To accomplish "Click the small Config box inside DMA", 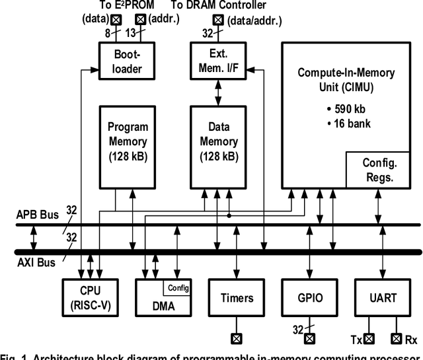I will [x=178, y=287].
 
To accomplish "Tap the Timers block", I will [x=236, y=297].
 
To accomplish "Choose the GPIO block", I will [x=307, y=297].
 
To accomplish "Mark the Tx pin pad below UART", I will [x=369, y=339].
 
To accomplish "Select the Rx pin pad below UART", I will [x=397, y=339].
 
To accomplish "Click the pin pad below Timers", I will [x=236, y=339].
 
